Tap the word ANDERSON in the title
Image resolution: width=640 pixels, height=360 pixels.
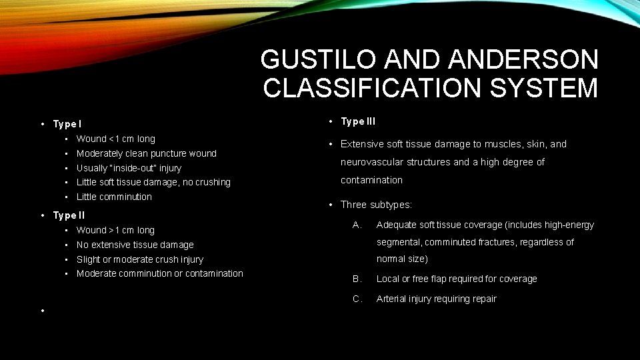coord(523,60)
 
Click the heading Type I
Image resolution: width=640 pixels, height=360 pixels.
coord(67,124)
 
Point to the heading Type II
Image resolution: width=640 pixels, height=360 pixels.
coord(69,215)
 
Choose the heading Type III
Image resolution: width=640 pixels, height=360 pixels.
coord(358,121)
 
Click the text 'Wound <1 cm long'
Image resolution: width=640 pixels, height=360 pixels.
coord(116,139)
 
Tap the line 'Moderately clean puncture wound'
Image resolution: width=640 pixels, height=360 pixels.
coord(147,153)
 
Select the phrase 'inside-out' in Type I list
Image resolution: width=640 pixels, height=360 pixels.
coord(150,168)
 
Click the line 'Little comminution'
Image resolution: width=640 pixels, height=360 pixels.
coord(114,197)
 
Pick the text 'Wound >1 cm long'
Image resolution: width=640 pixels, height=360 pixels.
coord(115,230)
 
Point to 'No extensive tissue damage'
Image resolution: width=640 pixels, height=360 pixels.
coord(135,245)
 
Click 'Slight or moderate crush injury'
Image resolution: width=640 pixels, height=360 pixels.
coord(140,259)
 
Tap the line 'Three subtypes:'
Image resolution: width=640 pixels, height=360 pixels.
coord(376,205)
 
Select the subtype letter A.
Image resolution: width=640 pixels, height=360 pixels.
coord(357,225)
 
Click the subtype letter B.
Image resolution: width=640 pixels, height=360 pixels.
coord(357,279)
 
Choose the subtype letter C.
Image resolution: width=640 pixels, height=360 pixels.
coord(357,299)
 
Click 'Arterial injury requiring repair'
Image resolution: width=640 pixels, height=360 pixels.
coord(437,299)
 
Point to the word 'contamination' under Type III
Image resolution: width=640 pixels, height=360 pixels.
coord(371,180)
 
